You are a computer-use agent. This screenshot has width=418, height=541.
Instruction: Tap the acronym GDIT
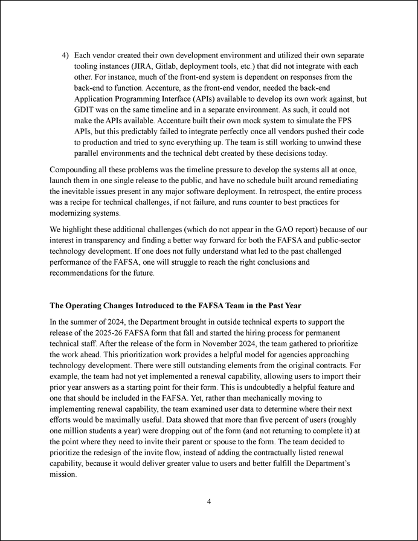(84, 109)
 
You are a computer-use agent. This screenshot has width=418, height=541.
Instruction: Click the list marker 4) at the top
(66, 54)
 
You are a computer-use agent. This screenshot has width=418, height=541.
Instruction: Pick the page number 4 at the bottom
(208, 501)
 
